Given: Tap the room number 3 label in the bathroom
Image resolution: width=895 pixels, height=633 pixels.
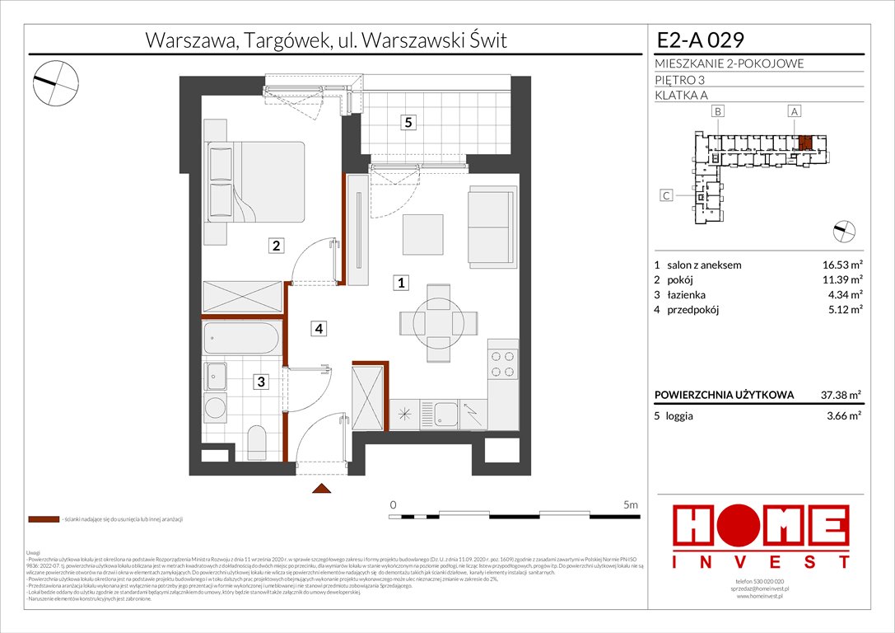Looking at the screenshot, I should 260,382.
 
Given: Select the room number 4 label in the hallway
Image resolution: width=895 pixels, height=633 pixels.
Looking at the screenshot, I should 318,329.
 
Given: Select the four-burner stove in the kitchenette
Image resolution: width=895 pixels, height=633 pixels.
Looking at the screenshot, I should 503,365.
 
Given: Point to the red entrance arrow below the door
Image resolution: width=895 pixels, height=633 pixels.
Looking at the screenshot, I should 319,490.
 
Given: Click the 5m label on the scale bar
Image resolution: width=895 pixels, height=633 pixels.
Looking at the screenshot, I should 631,504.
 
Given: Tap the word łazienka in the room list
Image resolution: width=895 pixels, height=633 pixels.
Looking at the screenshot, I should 687,295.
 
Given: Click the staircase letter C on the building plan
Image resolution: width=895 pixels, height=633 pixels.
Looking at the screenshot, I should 667,195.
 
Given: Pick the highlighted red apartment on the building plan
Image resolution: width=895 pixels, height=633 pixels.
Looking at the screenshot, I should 804,142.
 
